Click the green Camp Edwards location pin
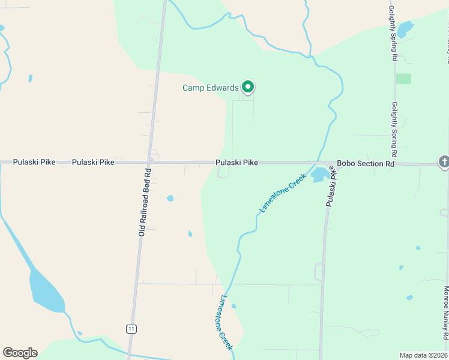pyautogui.click(x=247, y=87)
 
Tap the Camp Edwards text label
pyautogui.click(x=210, y=88)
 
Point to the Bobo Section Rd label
pyautogui.click(x=366, y=163)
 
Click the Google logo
pyautogui.click(x=20, y=353)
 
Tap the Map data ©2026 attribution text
pyautogui.click(x=423, y=355)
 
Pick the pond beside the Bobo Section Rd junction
pyautogui.click(x=319, y=175)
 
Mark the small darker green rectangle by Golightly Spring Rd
pyautogui.click(x=403, y=79)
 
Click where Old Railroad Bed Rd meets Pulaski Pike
pyautogui.click(x=149, y=162)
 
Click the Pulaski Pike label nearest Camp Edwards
pyautogui.click(x=237, y=163)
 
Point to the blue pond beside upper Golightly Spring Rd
pyautogui.click(x=406, y=28)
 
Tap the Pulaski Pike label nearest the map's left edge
pyautogui.click(x=30, y=162)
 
